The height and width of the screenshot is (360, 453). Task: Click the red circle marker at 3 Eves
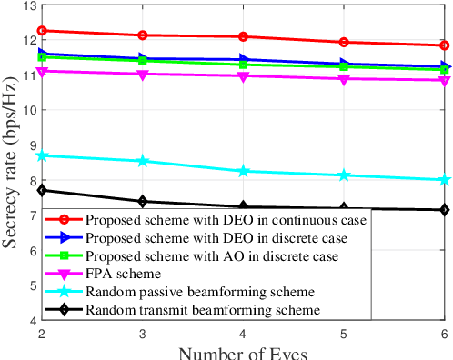pos(144,35)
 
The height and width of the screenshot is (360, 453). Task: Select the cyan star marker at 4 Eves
pos(244,171)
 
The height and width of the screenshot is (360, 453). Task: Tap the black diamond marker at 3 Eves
pos(144,202)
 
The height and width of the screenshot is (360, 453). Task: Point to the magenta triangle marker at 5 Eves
pos(344,79)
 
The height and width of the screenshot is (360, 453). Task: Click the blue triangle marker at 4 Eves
pos(244,60)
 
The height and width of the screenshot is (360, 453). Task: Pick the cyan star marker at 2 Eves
pos(44,155)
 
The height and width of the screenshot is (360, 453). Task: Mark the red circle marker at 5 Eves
pos(344,42)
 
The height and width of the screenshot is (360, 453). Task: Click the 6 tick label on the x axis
pos(444,334)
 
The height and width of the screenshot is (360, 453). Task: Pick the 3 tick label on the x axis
pos(144,334)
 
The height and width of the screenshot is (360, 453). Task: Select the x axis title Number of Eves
pos(244,353)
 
